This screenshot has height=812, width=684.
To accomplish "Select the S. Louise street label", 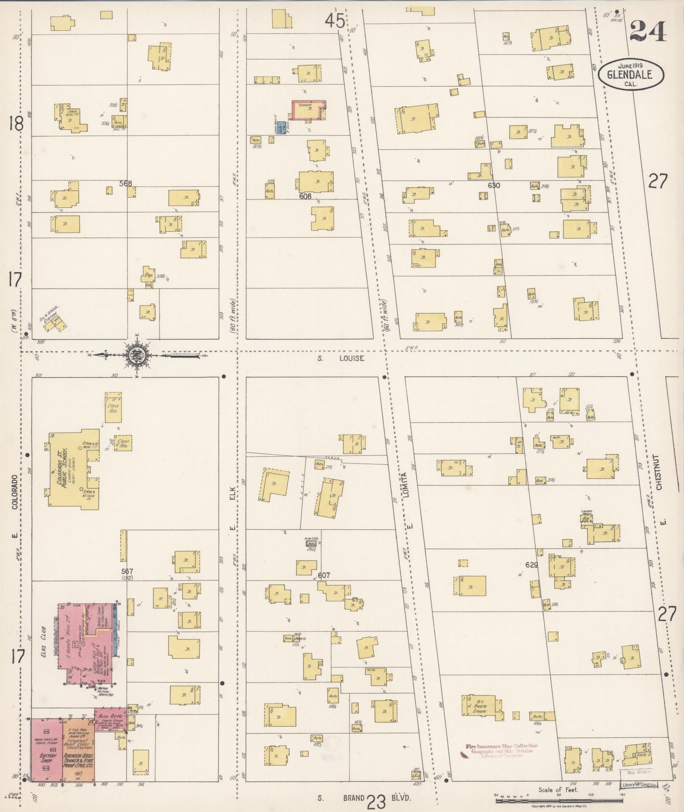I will coord(341,359).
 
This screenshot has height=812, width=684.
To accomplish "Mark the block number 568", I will coord(125,183).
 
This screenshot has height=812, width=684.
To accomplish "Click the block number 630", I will coord(493,186).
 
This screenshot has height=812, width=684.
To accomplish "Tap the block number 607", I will coord(324,575).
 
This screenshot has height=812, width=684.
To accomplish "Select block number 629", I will coord(532,565).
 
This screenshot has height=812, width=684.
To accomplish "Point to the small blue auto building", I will coord(282,127).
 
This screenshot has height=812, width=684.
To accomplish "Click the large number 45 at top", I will coord(335,21).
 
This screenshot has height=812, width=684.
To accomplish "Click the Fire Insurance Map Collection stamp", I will coord(501,750).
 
